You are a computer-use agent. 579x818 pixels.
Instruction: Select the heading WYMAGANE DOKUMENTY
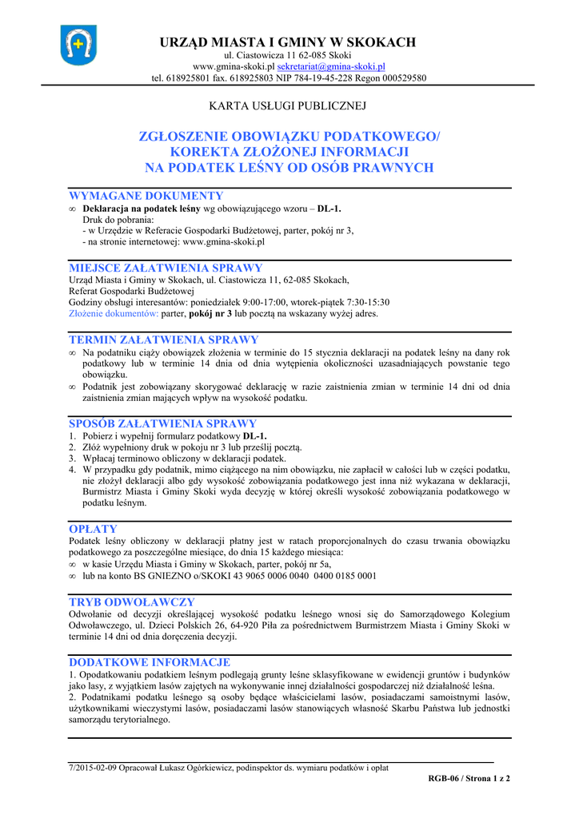146,196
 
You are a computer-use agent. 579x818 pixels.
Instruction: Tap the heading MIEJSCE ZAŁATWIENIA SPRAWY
166,268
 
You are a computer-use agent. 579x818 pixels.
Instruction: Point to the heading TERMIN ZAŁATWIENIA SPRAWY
164,340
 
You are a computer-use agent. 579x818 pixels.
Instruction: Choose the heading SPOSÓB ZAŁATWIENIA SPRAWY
163,423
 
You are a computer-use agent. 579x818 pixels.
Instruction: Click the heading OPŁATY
93,529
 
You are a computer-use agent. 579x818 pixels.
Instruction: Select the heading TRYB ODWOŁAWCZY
132,602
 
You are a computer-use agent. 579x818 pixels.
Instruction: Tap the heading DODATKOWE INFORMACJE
150,662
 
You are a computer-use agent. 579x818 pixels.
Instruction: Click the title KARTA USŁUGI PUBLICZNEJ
288,105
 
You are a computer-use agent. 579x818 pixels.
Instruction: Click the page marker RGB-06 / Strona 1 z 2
469,778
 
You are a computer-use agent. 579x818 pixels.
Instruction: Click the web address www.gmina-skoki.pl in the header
234,66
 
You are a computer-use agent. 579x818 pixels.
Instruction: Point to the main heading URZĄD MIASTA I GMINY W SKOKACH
288,42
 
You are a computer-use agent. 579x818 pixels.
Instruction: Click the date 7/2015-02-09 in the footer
94,768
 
